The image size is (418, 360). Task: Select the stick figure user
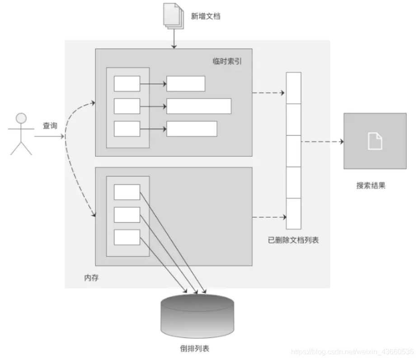(x=21, y=134)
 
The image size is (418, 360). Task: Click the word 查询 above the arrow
(x=50, y=126)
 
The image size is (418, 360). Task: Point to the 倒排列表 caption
(x=195, y=348)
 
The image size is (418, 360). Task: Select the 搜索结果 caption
(x=371, y=185)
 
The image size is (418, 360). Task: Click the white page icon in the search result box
(x=375, y=141)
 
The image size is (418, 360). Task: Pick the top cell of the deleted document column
(x=294, y=88)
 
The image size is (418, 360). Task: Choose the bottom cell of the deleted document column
(x=294, y=214)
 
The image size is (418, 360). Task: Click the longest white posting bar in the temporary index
(x=199, y=106)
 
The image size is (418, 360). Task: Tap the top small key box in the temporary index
(x=127, y=84)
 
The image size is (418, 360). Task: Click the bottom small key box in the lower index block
(x=127, y=237)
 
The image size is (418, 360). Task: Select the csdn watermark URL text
(x=352, y=351)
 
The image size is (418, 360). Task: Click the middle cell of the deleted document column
(x=294, y=151)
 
